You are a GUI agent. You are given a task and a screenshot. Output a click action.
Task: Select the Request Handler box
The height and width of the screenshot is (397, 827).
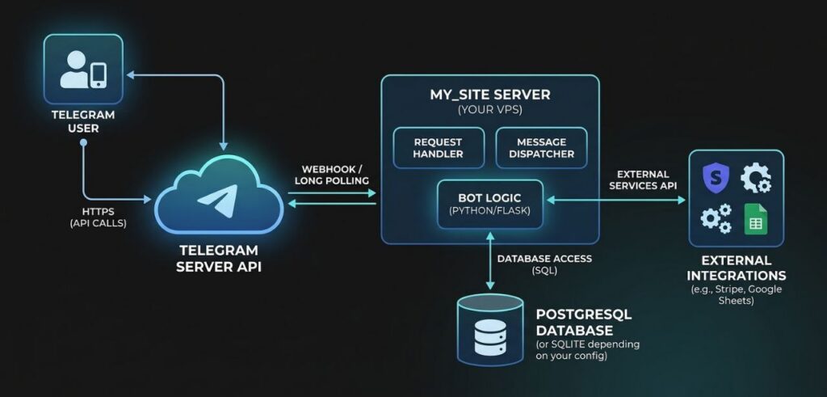click(439, 147)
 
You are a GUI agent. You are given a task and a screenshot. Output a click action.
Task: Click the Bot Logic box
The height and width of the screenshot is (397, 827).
click(490, 202)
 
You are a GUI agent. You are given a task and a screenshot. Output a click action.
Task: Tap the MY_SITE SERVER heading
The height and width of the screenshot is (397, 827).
click(490, 95)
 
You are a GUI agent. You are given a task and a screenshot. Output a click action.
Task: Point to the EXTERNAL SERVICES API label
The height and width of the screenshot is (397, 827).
click(642, 179)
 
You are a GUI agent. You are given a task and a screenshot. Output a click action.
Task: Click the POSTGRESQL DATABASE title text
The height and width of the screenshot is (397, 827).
click(574, 322)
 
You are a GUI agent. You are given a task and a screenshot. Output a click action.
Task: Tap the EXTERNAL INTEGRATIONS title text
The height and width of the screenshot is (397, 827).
click(737, 268)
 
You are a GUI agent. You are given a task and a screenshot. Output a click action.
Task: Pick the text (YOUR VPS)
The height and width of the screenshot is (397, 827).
click(490, 109)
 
